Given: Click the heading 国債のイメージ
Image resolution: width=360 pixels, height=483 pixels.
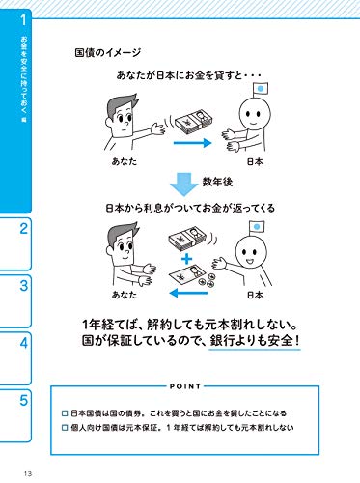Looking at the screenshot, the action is [108, 52].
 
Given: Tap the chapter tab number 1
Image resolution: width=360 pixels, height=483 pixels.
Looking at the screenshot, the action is [23, 20].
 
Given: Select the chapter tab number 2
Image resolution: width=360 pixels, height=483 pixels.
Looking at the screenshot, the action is [24, 229].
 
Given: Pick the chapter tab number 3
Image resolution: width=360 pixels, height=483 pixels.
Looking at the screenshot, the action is [24, 286].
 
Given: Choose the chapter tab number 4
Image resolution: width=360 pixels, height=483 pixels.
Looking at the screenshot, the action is [24, 343].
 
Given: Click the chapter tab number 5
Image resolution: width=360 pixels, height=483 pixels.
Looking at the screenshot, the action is [24, 400].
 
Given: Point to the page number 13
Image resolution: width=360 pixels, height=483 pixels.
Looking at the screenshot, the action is [28, 473].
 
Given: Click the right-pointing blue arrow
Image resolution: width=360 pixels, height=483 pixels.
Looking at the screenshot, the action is [192, 143].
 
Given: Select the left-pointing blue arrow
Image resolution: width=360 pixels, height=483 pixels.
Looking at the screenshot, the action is [188, 293].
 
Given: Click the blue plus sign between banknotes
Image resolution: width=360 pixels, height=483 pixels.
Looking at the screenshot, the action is [186, 259].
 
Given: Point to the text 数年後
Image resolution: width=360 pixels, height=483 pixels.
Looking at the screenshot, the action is [217, 183].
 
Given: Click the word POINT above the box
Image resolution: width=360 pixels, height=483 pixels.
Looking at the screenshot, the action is [185, 386].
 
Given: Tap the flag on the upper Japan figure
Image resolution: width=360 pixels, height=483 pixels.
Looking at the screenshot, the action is [261, 89].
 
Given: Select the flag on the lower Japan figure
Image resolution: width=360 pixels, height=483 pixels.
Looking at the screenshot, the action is [257, 227].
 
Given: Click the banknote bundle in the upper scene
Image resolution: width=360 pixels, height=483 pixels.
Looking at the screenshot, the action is [194, 123].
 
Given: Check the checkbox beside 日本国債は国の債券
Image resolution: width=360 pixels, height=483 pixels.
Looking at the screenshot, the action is [65, 413].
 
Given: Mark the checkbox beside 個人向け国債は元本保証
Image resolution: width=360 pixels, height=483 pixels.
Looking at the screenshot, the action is [65, 428].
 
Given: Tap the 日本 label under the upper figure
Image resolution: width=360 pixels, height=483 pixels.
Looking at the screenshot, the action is [255, 161].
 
